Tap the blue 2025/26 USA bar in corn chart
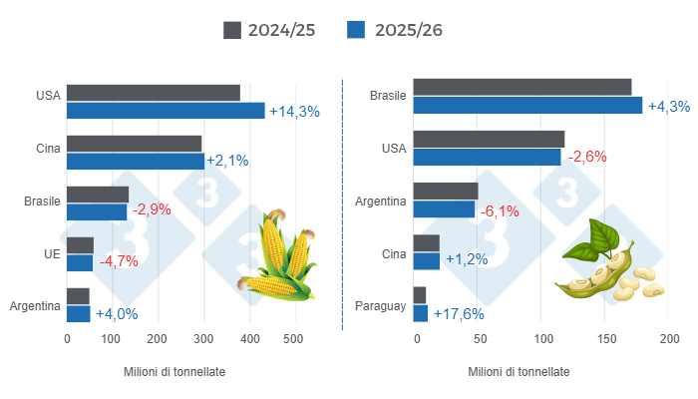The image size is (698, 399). (166, 111)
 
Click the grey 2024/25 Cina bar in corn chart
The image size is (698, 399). (135, 144)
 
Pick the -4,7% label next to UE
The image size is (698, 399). (119, 262)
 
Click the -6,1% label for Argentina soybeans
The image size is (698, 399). (502, 210)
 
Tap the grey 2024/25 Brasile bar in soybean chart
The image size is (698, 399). (523, 87)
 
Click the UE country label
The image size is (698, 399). (52, 253)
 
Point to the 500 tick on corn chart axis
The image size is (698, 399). (293, 340)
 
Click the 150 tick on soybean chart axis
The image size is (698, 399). (605, 340)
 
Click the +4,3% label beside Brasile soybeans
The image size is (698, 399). (669, 107)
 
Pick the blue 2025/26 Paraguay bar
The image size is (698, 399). (421, 313)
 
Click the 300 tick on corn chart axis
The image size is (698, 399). (202, 340)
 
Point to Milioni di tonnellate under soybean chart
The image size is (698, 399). (519, 371)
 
